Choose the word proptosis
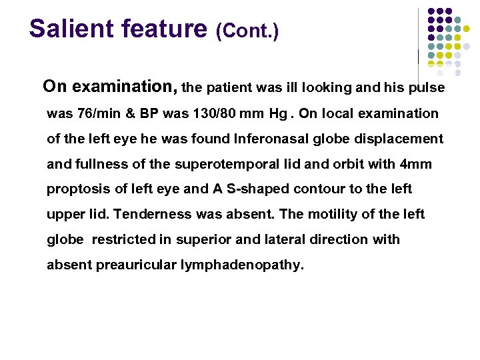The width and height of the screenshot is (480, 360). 79,189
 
